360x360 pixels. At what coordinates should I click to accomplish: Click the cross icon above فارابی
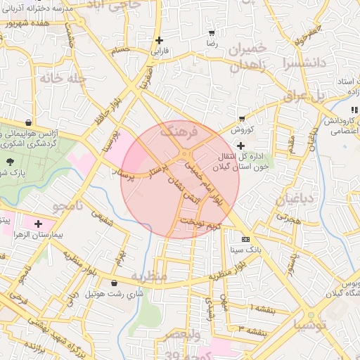(x=160, y=40)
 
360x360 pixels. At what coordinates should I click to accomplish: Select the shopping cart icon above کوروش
(x=243, y=117)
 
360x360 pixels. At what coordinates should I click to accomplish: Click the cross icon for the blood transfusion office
(x=242, y=145)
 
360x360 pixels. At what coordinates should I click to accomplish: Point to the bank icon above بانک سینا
(x=245, y=239)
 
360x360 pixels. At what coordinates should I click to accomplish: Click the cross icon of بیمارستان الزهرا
(x=38, y=224)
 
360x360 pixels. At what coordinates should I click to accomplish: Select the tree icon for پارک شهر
(x=11, y=161)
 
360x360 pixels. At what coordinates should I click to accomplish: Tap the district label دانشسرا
(x=304, y=63)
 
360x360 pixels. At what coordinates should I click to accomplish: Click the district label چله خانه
(x=62, y=78)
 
